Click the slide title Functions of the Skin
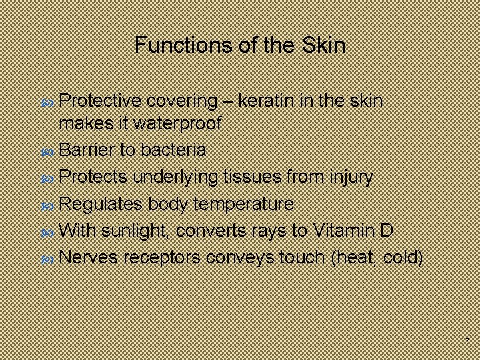point(240,45)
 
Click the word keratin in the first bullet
point(264,101)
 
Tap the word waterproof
point(179,123)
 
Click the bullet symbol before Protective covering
point(48,101)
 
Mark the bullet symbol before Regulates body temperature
point(48,204)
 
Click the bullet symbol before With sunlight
point(48,231)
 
